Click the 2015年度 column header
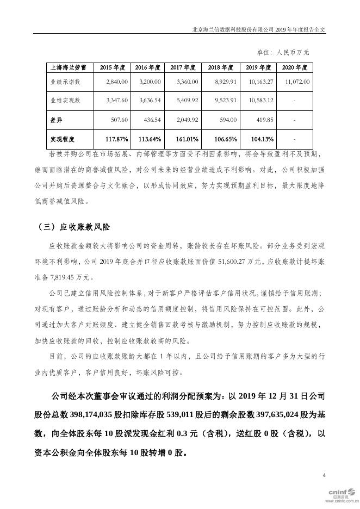tap(113, 68)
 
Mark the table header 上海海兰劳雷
tap(65, 68)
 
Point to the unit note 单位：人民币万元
tap(283, 53)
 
